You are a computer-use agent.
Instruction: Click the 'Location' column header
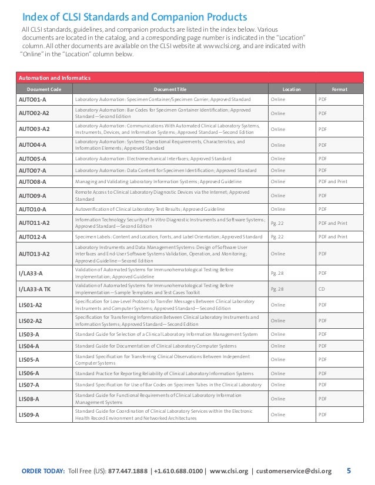[x=292, y=89]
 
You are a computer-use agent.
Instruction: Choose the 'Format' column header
[x=339, y=89]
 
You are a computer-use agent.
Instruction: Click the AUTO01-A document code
[x=32, y=99]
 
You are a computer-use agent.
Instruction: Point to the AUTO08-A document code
[x=32, y=182]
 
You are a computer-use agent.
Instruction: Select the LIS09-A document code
[x=29, y=415]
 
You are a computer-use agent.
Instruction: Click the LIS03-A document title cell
[x=166, y=334]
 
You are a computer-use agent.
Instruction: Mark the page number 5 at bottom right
[x=349, y=470]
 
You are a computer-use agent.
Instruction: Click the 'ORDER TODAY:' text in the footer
[x=43, y=471]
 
